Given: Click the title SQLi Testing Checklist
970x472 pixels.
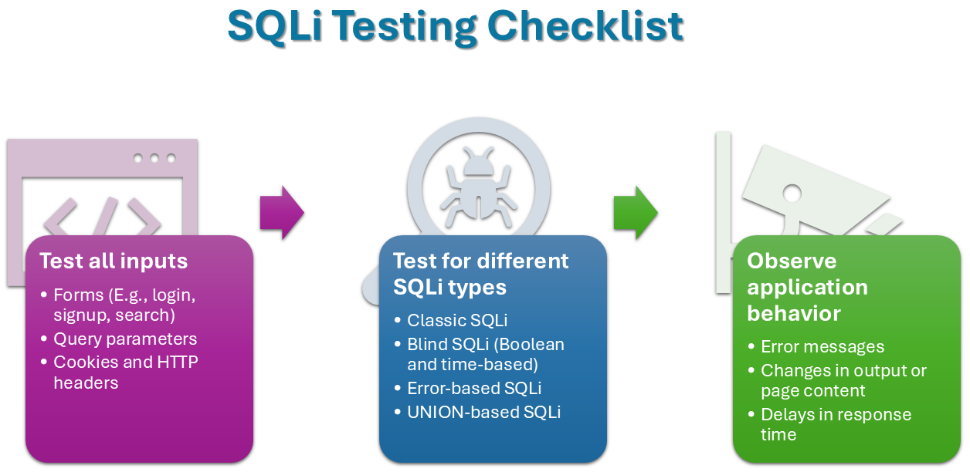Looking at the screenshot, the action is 456,26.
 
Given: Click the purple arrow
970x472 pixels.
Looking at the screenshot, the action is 282,212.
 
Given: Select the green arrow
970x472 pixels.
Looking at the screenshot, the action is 636,212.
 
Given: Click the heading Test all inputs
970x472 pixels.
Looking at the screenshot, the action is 114,261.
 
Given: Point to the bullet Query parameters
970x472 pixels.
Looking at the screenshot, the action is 125,339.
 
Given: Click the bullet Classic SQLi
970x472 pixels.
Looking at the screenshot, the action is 457,320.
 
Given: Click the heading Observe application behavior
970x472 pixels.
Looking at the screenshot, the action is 808,287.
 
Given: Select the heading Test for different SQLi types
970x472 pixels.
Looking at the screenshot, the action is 480,274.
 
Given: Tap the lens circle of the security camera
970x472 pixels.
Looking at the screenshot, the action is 792,194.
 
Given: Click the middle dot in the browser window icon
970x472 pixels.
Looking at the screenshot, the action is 154,158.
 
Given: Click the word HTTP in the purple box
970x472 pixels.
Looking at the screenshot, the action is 178,362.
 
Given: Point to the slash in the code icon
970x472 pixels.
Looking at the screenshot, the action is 106,216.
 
